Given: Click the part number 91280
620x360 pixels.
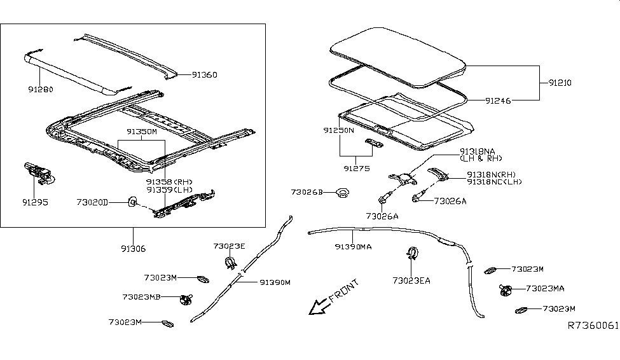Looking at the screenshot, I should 40,90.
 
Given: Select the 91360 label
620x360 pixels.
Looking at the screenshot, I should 204,75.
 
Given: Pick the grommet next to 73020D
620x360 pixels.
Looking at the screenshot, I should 132,202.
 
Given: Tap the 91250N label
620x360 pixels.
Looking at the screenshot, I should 338,130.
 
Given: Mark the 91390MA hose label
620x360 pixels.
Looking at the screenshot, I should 354,246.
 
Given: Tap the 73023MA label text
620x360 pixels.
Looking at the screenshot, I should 546,289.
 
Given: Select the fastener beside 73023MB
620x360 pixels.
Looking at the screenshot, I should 186,298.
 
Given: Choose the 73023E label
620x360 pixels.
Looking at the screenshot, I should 228,246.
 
